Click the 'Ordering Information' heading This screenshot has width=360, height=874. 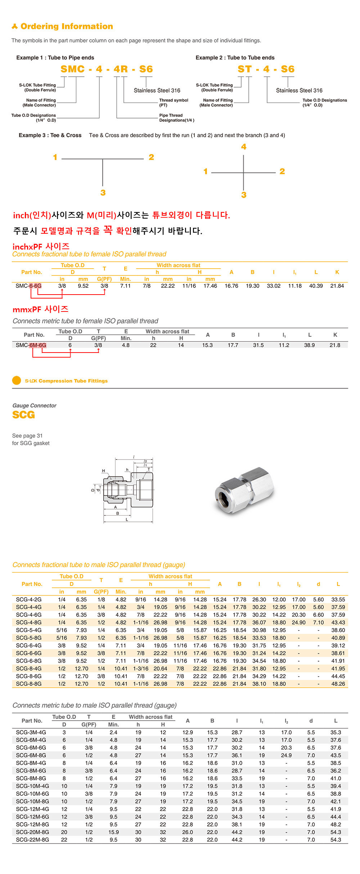(x=67, y=26)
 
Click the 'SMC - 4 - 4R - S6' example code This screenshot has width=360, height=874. (x=107, y=69)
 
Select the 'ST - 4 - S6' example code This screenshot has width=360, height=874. (x=266, y=69)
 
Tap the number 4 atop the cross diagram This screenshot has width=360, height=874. (x=244, y=147)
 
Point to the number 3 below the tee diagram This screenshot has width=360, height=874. (x=103, y=193)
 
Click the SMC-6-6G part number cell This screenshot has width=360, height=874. (x=28, y=286)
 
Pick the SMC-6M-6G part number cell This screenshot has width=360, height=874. (x=31, y=345)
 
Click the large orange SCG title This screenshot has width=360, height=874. (x=24, y=415)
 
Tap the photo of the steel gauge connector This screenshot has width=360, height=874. (x=244, y=490)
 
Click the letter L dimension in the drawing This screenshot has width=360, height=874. (x=127, y=520)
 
